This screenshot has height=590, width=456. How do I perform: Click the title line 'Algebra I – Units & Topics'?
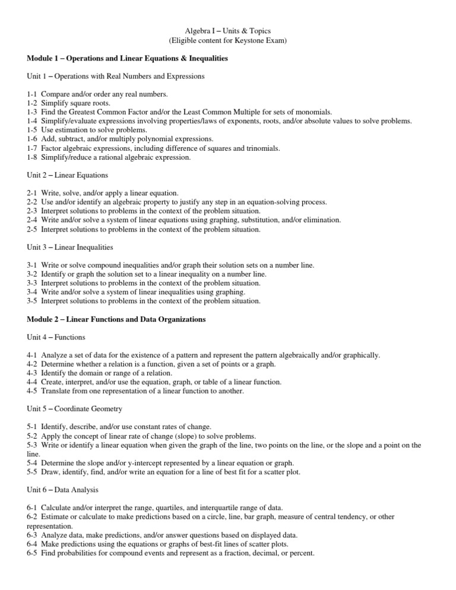(227, 30)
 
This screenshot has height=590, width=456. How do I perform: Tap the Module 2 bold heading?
(116, 319)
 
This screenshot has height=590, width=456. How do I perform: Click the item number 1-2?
(33, 103)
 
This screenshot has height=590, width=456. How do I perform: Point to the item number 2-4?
(33, 220)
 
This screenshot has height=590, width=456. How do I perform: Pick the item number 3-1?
(33, 265)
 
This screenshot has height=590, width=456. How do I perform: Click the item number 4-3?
(33, 373)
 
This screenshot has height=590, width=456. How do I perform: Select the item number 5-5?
(33, 472)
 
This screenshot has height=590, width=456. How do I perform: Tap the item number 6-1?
(33, 507)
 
